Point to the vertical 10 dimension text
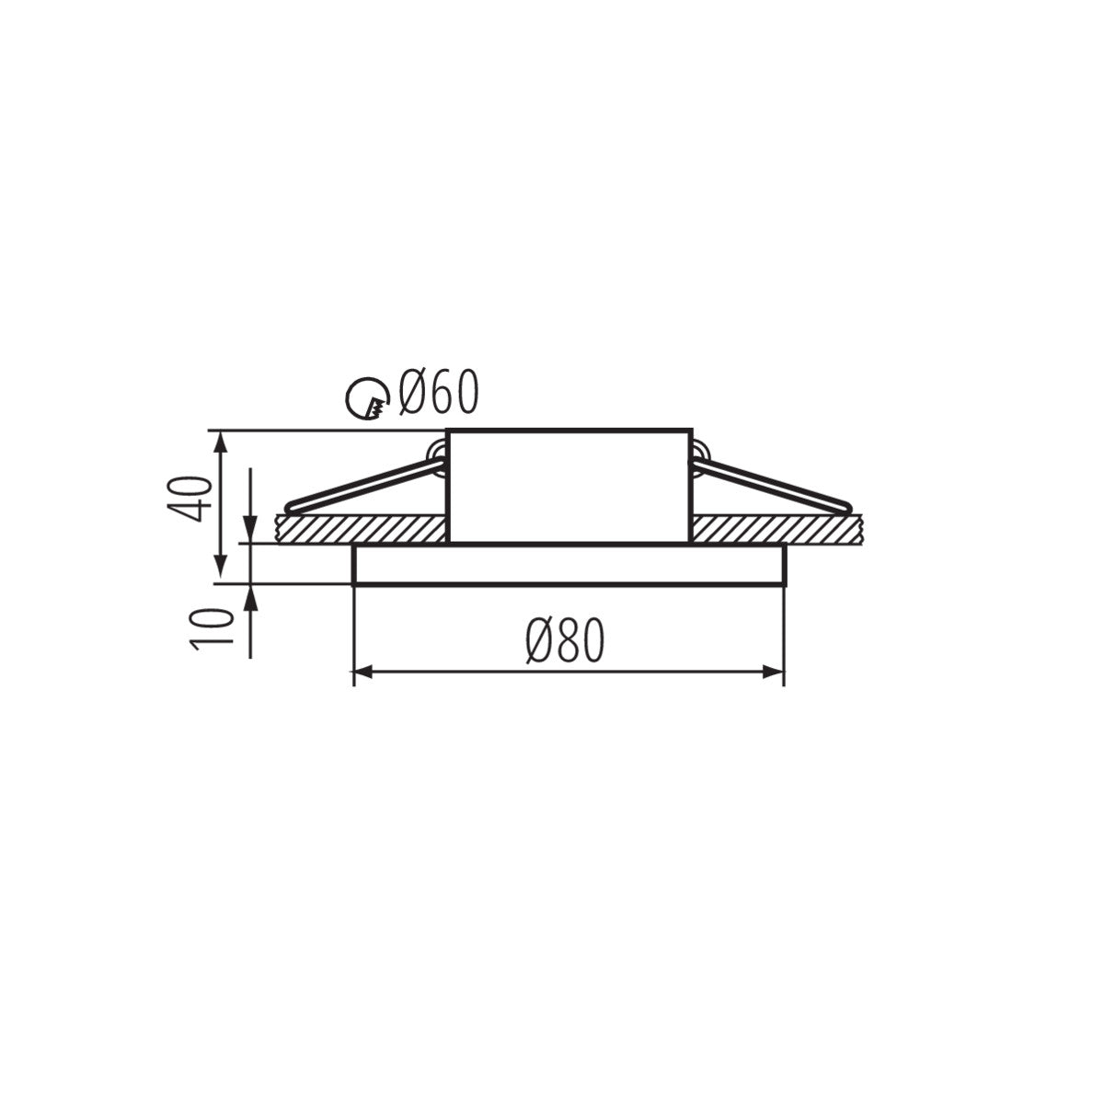point(208,629)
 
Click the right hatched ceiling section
point(775,529)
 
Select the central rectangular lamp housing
point(568,486)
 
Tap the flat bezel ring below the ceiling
point(568,564)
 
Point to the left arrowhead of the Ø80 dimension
point(362,673)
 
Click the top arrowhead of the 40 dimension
point(220,440)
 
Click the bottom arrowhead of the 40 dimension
point(220,573)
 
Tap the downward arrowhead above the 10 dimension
point(250,535)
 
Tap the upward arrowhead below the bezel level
point(250,593)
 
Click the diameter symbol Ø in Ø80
point(538,640)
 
